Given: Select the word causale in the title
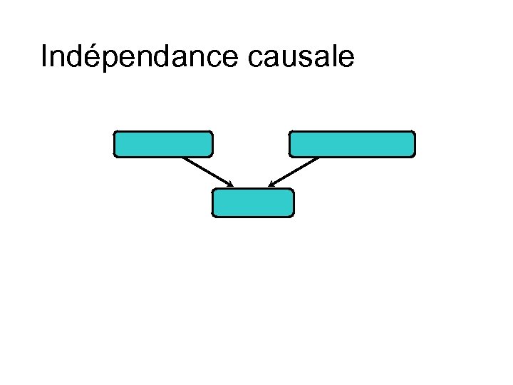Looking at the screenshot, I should coord(301,57).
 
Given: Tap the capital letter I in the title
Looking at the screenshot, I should coord(44,56).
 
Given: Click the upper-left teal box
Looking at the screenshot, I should coord(163,143).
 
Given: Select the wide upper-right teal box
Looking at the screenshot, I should coord(351,143).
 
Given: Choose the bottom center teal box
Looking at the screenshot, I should coord(253,202).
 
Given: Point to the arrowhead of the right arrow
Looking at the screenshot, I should coord(271,185).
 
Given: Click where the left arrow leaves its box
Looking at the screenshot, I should coord(183,158).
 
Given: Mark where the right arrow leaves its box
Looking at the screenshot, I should coord(318,158).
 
